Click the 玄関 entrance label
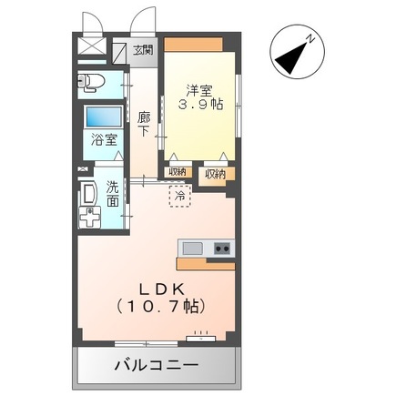145,51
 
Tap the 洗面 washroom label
112,193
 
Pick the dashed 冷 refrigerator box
180,196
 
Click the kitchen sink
193,249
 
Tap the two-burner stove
221,249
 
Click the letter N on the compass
310,39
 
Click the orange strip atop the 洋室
198,46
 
